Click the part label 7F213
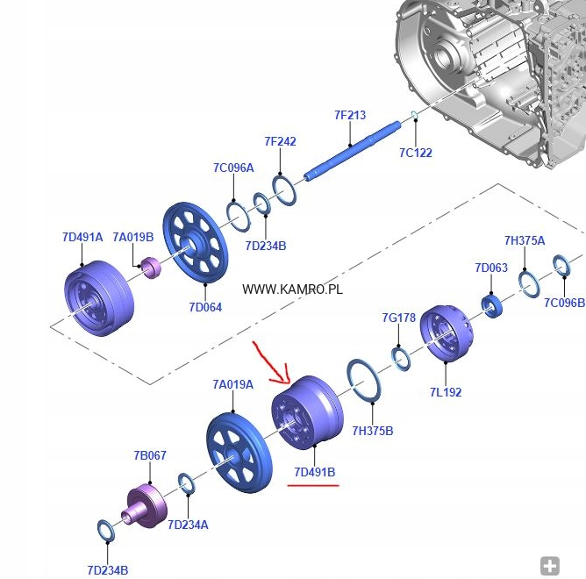349,115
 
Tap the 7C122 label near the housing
416,153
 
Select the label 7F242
280,141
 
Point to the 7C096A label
232,168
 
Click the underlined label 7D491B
314,472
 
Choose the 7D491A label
82,237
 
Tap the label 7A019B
132,237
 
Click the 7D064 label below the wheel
205,307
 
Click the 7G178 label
398,318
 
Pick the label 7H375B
372,431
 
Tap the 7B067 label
150,455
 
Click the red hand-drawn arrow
269,361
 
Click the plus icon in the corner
549,566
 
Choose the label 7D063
491,268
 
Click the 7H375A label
524,240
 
